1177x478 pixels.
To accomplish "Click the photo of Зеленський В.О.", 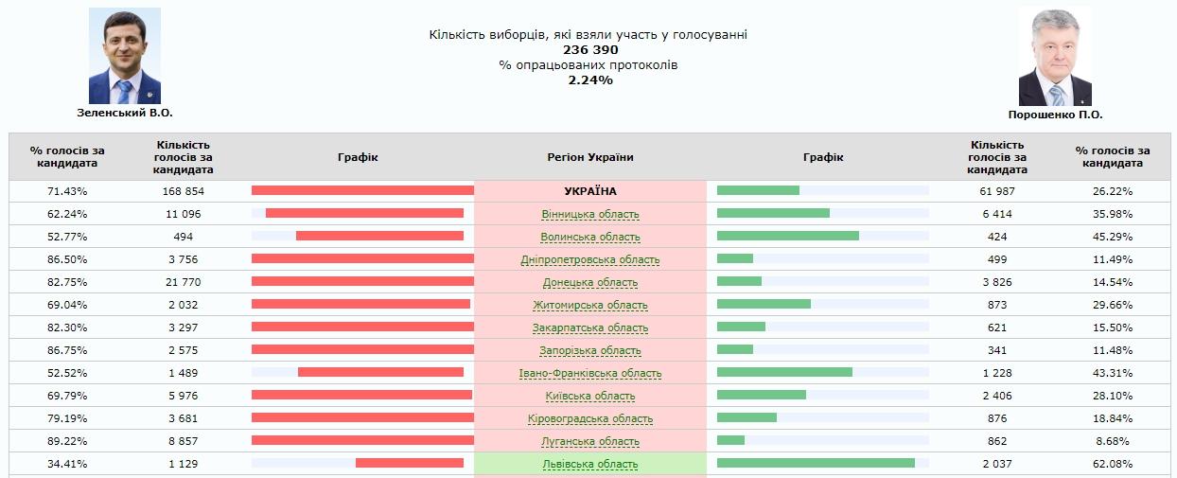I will [125, 56].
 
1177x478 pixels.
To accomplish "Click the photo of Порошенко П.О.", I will [1055, 57].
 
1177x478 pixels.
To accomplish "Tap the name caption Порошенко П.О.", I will [1055, 115].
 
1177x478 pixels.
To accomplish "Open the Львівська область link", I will [590, 464].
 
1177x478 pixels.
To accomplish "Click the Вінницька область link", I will [590, 214].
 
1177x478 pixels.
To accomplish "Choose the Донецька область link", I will [590, 282].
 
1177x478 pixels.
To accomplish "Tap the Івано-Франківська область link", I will [590, 373].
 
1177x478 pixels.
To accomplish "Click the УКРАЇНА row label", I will [590, 191].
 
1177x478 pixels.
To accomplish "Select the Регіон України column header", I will [590, 157].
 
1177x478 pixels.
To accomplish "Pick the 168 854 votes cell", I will [183, 191].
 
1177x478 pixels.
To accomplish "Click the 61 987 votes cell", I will [997, 191].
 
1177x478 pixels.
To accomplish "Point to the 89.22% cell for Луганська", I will [67, 441].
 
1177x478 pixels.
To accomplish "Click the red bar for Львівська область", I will [410, 463].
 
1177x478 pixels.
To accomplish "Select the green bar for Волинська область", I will [788, 236].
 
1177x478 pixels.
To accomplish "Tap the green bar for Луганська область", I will [730, 440].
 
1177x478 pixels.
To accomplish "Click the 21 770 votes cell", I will [183, 282].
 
